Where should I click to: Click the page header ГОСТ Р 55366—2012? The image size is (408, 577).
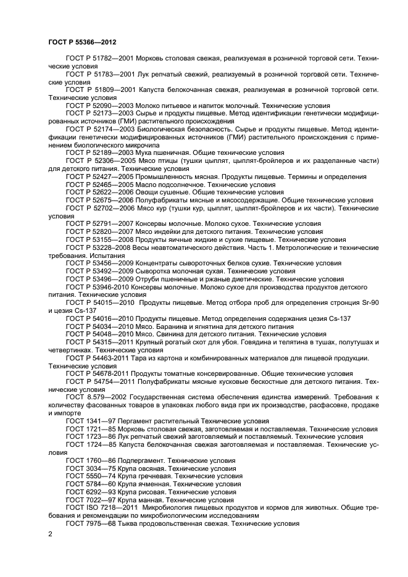pos(82,41)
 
